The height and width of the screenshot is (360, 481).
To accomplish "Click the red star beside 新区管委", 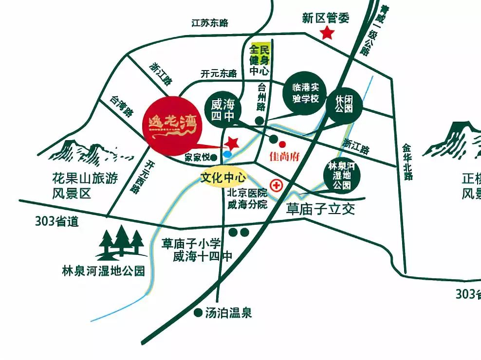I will [x=327, y=34].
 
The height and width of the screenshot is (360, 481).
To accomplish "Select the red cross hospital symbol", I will [x=277, y=185].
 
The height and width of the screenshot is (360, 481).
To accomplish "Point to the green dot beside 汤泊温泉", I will [x=198, y=313].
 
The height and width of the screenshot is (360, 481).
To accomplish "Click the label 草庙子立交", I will [x=320, y=209].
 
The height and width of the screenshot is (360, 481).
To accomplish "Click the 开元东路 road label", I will [x=219, y=73].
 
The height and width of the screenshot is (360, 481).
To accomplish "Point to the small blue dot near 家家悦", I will [x=227, y=154].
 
